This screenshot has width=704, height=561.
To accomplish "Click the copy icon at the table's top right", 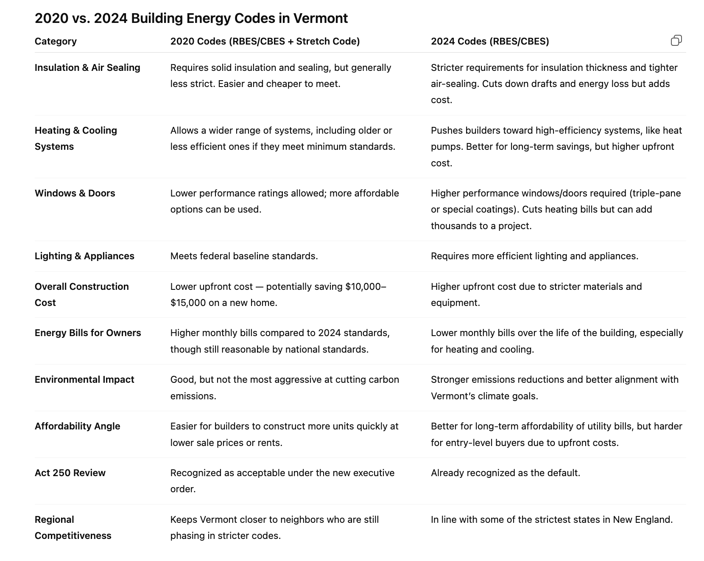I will [676, 41].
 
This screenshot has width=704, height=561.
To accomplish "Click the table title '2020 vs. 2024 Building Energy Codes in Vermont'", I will [191, 18].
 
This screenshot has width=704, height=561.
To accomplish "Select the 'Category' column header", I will [56, 41].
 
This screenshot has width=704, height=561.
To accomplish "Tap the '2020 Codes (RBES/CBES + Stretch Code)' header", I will [265, 41].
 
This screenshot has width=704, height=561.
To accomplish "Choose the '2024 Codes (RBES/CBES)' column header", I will [489, 41].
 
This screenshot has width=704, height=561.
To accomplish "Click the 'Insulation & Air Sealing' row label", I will [87, 67].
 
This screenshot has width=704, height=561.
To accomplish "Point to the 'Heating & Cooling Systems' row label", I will [75, 138].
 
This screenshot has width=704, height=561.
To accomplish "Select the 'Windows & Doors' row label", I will [75, 193].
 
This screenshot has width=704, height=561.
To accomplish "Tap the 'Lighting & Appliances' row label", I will [84, 256].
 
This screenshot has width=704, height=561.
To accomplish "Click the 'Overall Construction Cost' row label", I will [81, 295].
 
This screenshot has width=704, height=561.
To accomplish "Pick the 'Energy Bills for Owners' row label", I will [88, 333].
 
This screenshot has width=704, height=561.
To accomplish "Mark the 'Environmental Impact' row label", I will [84, 379].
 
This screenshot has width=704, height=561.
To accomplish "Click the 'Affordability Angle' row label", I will [77, 426].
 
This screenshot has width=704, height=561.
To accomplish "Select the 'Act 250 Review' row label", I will [70, 473].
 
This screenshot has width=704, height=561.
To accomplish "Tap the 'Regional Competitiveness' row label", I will [73, 527].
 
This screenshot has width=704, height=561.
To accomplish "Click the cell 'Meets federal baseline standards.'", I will [244, 256].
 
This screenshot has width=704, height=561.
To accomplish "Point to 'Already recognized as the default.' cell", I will [505, 473].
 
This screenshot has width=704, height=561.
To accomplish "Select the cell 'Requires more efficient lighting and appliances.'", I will [534, 256].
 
